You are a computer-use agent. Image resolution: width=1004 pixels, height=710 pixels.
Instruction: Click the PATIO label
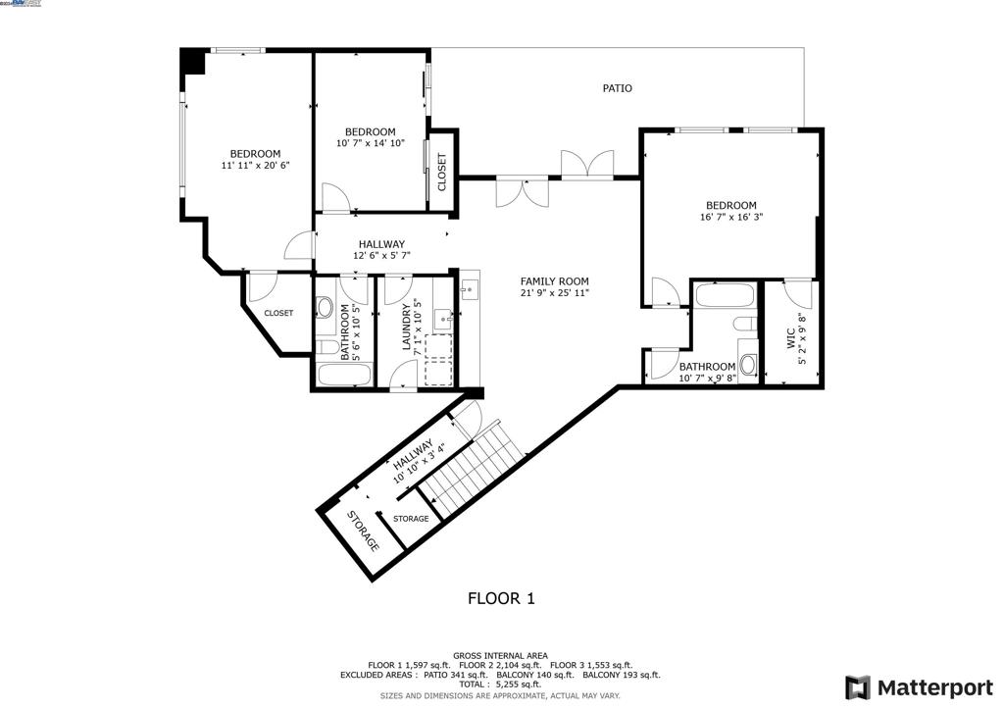pos(617,88)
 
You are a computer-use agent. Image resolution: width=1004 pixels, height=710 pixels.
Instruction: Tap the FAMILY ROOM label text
pos(554,281)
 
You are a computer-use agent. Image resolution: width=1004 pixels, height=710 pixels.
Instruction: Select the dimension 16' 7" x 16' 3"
pos(731,218)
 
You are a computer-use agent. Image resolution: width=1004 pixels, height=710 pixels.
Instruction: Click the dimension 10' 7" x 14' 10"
pos(370,143)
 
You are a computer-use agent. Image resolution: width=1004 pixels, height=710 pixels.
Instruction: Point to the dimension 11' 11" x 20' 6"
pos(255,166)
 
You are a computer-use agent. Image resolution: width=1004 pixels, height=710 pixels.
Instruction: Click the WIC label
pos(790,338)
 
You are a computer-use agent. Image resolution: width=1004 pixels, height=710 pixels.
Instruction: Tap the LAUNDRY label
pos(405,331)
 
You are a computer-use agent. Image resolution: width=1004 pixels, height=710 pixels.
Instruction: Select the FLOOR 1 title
pos(500,598)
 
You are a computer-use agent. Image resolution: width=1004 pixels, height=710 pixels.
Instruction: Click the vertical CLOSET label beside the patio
pos(442,172)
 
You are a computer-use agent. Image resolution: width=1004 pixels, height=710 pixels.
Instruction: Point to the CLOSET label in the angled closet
pos(277,314)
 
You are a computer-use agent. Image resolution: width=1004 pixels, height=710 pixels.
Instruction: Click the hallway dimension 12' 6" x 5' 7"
pos(381,256)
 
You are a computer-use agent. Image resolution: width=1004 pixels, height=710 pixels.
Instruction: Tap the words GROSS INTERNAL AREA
pos(500,655)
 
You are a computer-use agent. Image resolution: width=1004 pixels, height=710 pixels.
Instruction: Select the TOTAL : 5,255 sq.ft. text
pos(500,685)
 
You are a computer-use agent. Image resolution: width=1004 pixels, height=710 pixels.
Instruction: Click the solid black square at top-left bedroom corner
pos(192,61)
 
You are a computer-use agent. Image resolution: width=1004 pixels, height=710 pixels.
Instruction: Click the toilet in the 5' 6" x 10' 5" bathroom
pos(326,307)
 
